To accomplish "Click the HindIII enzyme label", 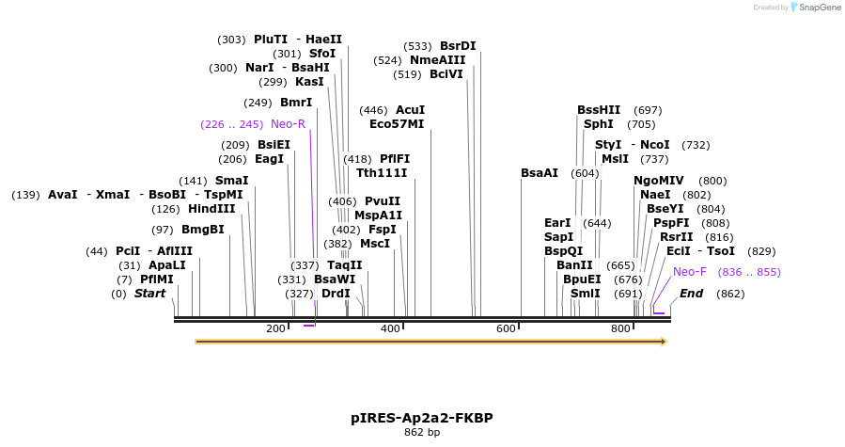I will (x=211, y=209).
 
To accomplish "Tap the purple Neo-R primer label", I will (x=288, y=124).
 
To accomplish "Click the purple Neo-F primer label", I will (x=690, y=272).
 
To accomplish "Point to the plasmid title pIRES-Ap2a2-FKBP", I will (x=422, y=418).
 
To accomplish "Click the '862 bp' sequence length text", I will (x=422, y=433).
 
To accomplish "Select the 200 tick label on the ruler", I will (x=275, y=328).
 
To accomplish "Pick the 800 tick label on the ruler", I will (x=620, y=328).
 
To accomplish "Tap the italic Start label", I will (x=149, y=294).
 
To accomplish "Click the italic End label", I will (x=691, y=294).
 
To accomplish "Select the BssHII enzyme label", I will (x=599, y=110).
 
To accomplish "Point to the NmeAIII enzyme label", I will (x=437, y=60).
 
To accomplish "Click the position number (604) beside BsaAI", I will (x=584, y=173).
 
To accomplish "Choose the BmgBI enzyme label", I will (x=203, y=230).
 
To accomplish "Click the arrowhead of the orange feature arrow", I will (x=663, y=342).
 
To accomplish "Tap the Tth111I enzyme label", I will (x=382, y=173).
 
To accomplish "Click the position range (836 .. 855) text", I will (x=749, y=272).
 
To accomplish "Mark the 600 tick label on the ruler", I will (x=506, y=328).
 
